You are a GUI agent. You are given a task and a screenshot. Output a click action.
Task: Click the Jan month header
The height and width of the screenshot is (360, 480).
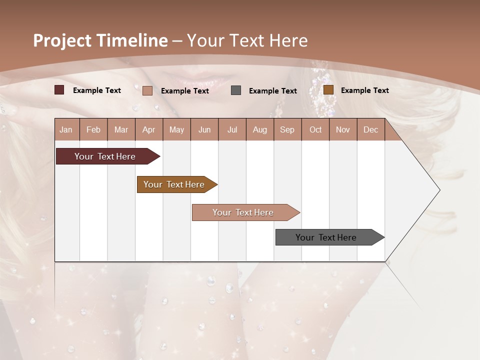(66, 130)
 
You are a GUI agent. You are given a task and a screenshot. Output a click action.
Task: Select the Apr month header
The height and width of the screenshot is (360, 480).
(148, 130)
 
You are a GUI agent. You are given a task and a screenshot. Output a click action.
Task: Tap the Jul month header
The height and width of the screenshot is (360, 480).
(232, 130)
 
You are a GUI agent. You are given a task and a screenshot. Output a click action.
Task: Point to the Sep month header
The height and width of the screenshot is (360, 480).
(287, 130)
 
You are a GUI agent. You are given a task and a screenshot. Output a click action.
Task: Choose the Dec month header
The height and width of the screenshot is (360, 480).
(370, 130)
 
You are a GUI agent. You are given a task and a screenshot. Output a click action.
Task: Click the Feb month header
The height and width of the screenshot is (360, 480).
(93, 130)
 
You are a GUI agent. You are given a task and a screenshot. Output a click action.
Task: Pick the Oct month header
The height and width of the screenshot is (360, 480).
(315, 130)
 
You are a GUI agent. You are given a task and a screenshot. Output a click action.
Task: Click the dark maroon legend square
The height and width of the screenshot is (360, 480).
(59, 90)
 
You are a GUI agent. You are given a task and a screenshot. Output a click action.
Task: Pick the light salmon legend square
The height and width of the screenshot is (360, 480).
(147, 90)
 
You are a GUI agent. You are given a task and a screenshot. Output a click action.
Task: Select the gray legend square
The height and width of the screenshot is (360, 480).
(236, 90)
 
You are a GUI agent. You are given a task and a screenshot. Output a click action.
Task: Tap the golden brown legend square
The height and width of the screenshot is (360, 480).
(328, 90)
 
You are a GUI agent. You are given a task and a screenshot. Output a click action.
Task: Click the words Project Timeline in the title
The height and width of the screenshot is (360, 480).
(100, 40)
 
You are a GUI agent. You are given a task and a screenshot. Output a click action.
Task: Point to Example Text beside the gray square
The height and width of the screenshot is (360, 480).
(272, 91)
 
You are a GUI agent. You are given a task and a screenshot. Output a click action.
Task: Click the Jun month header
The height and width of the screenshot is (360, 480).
(204, 130)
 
